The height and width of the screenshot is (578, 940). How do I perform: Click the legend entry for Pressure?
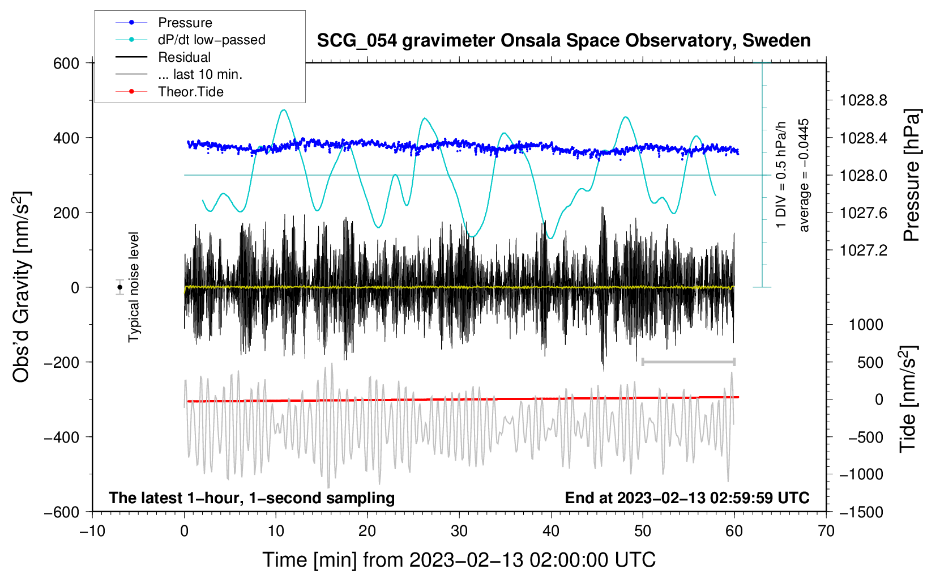pyautogui.click(x=185, y=23)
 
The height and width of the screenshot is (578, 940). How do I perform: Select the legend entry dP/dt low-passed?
pyautogui.click(x=211, y=40)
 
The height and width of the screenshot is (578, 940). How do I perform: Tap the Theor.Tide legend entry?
pyautogui.click(x=190, y=92)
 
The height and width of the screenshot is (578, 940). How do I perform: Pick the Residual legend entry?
pyautogui.click(x=184, y=57)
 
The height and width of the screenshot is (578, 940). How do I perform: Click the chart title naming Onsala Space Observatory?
pyautogui.click(x=563, y=41)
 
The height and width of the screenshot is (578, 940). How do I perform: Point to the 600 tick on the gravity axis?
pyautogui.click(x=66, y=63)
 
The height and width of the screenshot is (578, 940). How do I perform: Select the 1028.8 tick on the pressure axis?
pyautogui.click(x=863, y=101)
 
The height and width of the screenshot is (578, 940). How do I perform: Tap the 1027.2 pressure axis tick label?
pyautogui.click(x=863, y=250)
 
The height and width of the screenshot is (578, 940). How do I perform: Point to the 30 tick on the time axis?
pyautogui.click(x=459, y=531)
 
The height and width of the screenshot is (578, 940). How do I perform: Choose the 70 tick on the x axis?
pyautogui.click(x=826, y=531)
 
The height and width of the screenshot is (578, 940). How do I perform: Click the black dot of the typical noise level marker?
pyautogui.click(x=120, y=287)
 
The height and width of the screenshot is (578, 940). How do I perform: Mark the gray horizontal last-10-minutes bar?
pyautogui.click(x=688, y=362)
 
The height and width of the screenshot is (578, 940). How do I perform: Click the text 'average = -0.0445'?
pyautogui.click(x=804, y=175)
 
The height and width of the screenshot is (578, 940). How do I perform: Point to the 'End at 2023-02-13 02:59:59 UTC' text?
pyautogui.click(x=687, y=498)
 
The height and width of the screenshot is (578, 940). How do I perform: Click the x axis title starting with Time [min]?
pyautogui.click(x=459, y=560)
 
